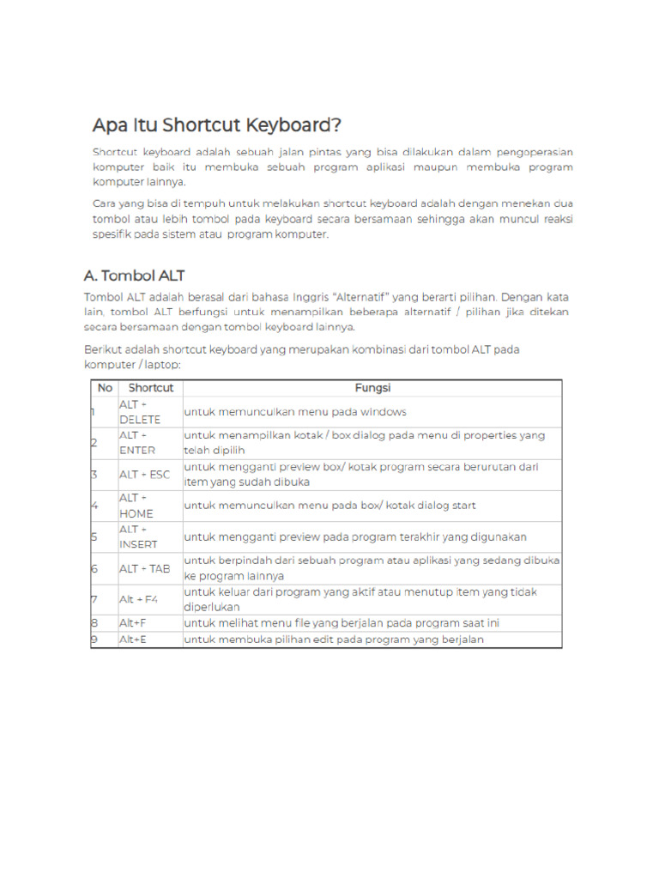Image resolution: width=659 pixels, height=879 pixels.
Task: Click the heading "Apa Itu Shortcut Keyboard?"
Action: [x=216, y=125]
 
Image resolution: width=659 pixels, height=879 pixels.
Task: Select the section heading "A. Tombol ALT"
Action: [x=135, y=276]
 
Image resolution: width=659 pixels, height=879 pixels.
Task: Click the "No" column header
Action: [x=105, y=388]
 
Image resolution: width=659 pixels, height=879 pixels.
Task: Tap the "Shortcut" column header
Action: [x=150, y=388]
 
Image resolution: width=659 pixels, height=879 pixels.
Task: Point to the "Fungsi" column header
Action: [x=372, y=388]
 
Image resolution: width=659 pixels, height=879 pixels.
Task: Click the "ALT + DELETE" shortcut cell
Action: [x=140, y=412]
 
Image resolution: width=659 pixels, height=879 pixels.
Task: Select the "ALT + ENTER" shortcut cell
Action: [x=137, y=443]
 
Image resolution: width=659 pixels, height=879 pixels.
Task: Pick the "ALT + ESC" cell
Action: [x=144, y=475]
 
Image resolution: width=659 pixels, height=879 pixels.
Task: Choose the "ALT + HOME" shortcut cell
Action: [x=136, y=506]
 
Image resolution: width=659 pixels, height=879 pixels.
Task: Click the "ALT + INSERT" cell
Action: [x=138, y=537]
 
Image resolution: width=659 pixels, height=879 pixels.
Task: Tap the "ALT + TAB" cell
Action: [x=144, y=568]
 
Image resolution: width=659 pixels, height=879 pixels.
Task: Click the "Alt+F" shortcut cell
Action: [x=133, y=623]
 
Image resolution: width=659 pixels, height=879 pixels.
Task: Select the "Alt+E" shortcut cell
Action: [x=133, y=640]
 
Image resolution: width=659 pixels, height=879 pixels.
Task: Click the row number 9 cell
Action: [x=94, y=640]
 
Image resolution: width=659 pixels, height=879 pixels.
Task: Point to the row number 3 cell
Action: [x=94, y=475]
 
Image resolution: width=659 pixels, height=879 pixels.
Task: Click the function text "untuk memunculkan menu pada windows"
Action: [x=283, y=412]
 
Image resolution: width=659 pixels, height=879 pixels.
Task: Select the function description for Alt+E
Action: [x=334, y=640]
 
